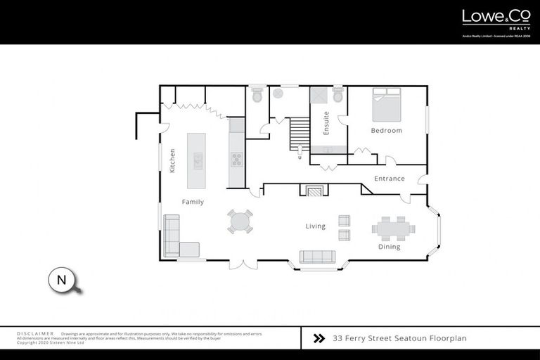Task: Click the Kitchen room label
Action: pyautogui.click(x=172, y=160)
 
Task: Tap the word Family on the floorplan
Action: pyautogui.click(x=193, y=202)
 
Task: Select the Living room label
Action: pyautogui.click(x=315, y=226)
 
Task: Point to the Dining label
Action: pyautogui.click(x=389, y=247)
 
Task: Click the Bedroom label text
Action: pyautogui.click(x=386, y=131)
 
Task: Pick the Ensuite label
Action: pyautogui.click(x=326, y=123)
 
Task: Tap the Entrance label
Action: pyautogui.click(x=389, y=179)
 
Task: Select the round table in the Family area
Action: pyautogui.click(x=240, y=221)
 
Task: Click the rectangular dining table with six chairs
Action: pyautogui.click(x=393, y=228)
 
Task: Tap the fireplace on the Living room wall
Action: pyautogui.click(x=314, y=190)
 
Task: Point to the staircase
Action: pyautogui.click(x=299, y=131)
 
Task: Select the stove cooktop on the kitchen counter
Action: pyautogui.click(x=236, y=160)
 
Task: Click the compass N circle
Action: pyautogui.click(x=61, y=280)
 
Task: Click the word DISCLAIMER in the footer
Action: pyautogui.click(x=35, y=333)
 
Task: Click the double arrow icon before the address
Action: pyautogui.click(x=319, y=338)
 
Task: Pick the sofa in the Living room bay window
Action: pyautogui.click(x=318, y=257)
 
